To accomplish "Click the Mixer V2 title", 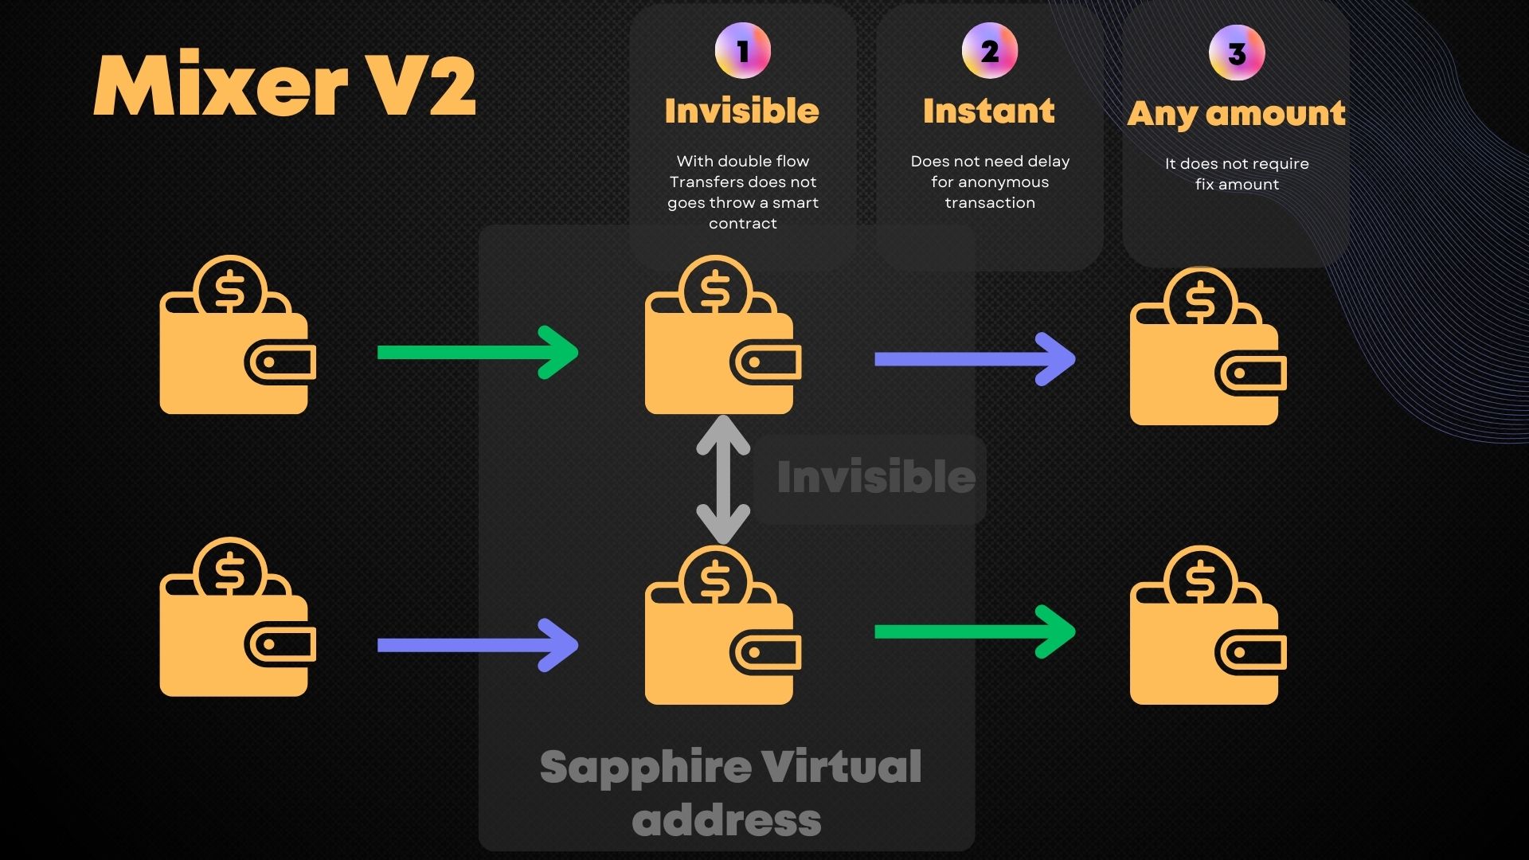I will point(285,86).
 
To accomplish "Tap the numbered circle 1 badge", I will point(742,51).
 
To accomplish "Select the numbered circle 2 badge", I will point(989,51).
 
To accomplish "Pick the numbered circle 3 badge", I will point(1236,53).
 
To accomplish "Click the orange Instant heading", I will point(989,111).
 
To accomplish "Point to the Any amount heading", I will point(1236,114).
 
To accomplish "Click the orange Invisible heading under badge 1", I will point(742,111).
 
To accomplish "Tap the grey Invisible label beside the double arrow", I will point(876,476).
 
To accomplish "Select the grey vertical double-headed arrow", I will point(723,479).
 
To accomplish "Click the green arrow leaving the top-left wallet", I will point(477,352).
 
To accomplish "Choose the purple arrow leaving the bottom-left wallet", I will point(477,645).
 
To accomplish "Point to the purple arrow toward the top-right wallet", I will point(974,359).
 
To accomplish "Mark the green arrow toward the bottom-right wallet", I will point(974,631).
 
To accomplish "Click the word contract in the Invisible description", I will point(742,224).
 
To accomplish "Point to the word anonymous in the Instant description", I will point(1003,182).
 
